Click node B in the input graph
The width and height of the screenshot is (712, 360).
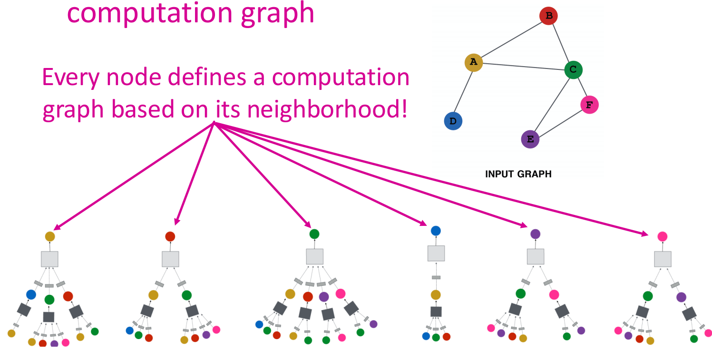point(548,16)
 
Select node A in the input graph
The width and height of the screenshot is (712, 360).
point(474,62)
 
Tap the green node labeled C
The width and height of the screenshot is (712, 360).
point(574,69)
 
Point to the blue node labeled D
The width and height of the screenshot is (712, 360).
point(453,121)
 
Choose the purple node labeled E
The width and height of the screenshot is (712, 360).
point(530,139)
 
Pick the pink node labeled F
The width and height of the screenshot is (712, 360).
point(590,105)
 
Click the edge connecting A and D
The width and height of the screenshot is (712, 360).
point(463,92)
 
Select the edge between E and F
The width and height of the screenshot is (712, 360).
point(560,123)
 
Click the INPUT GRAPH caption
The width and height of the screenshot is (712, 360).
point(518,174)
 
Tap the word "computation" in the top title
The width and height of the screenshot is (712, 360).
point(150,13)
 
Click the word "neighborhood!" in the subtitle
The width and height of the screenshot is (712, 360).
point(327,109)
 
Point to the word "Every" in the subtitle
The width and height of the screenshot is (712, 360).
point(71,77)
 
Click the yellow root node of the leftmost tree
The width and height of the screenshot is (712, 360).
point(50,236)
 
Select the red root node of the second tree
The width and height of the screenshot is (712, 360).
point(170,236)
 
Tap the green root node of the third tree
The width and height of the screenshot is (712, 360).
point(314,234)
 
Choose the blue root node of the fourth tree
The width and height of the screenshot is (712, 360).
point(436,231)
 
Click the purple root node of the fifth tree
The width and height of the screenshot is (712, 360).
point(535,234)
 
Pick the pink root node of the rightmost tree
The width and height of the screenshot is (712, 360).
point(663,236)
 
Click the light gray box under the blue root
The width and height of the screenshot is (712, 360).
point(436,253)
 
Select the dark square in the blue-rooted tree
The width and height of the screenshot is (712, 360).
point(436,311)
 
